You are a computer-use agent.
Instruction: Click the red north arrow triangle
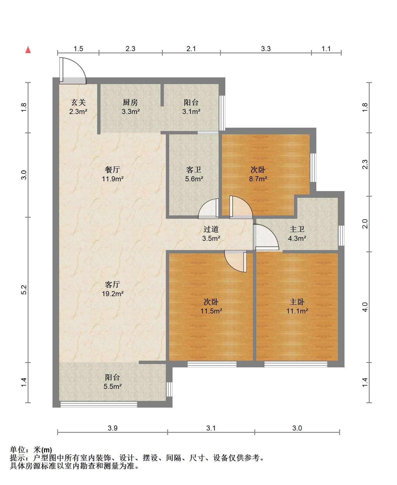tap(28, 50)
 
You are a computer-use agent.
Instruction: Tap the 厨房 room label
tap(130, 102)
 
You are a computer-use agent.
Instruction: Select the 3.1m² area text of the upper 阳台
tap(191, 112)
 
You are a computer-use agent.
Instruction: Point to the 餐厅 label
tap(113, 169)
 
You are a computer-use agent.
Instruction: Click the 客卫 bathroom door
tap(209, 208)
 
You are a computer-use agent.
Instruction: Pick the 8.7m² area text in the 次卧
tap(258, 179)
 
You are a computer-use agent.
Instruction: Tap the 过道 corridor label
tap(211, 229)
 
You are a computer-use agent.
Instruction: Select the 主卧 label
tap(297, 302)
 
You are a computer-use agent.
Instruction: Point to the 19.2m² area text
tap(113, 294)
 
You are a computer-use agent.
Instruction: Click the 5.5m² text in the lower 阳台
tap(113, 387)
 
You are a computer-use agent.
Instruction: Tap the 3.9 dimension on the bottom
tap(113, 428)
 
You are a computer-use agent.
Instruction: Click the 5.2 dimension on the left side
tap(24, 289)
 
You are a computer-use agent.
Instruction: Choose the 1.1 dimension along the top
tap(326, 49)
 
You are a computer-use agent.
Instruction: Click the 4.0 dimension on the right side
tap(365, 307)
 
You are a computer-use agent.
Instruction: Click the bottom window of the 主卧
tap(296, 364)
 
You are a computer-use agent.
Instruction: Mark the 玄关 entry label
tap(78, 102)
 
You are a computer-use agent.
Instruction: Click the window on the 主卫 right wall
tap(341, 233)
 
